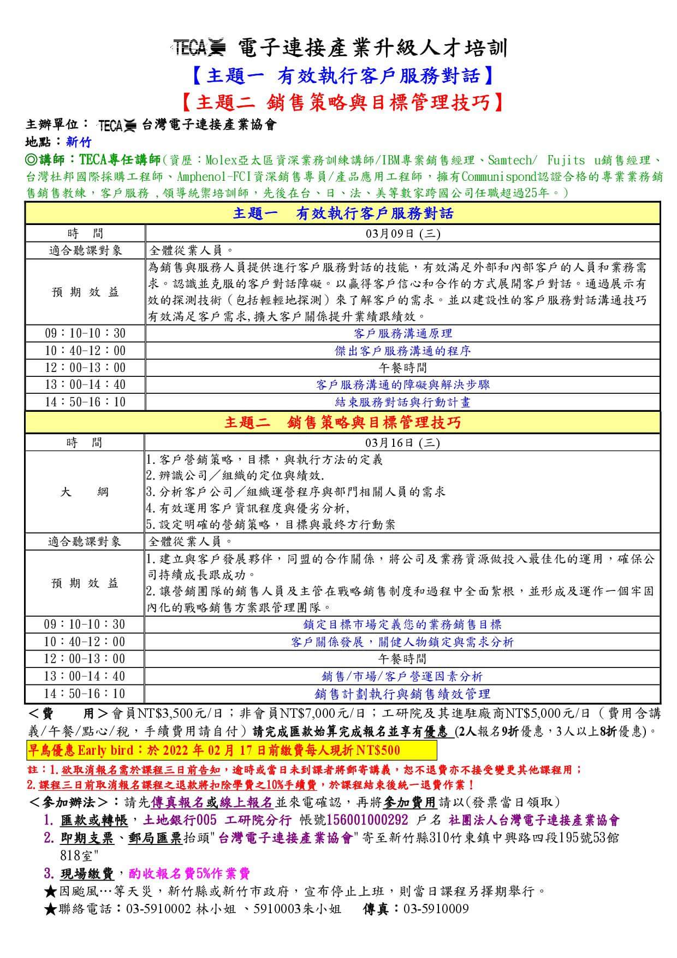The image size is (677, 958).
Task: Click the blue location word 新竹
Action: (x=79, y=142)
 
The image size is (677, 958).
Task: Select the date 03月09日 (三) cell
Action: (x=403, y=234)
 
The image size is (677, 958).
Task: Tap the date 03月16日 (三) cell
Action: (x=402, y=442)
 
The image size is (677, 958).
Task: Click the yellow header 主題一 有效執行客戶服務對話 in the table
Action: (x=343, y=213)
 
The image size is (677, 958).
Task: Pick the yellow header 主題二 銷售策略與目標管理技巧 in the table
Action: (x=343, y=422)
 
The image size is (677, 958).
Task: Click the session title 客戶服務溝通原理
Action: (x=403, y=333)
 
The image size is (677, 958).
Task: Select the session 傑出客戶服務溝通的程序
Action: (x=403, y=351)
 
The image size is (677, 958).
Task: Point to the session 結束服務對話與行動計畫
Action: (x=403, y=403)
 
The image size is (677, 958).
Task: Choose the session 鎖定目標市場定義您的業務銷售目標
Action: (x=402, y=624)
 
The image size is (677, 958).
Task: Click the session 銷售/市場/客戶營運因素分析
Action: (x=402, y=677)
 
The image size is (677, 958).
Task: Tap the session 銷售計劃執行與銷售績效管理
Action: (x=402, y=694)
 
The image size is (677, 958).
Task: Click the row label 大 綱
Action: (x=85, y=492)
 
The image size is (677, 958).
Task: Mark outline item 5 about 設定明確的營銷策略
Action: (x=270, y=525)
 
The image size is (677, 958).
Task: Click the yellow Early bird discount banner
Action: (x=231, y=750)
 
